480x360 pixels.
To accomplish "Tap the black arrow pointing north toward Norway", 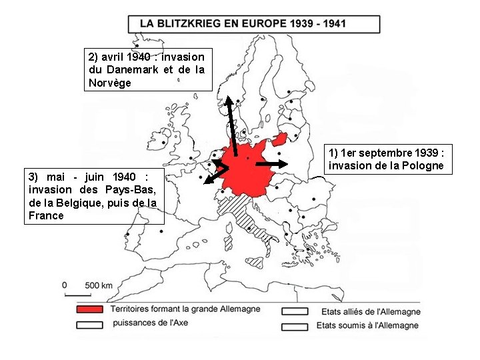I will pos(231,127).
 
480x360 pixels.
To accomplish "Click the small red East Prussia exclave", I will pos(279,139).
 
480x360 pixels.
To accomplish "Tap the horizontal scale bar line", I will pos(77,294).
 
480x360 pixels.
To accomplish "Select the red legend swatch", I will pos(90,310).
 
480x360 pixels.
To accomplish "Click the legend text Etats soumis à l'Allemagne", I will pos(369,325).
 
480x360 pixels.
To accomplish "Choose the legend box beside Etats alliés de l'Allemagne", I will pos(295,311).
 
